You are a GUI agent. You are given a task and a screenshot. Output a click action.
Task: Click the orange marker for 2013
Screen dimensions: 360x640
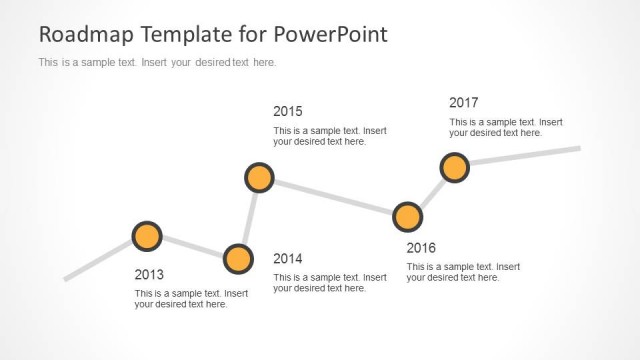tap(147, 236)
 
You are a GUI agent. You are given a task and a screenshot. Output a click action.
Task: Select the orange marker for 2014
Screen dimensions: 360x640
tap(238, 259)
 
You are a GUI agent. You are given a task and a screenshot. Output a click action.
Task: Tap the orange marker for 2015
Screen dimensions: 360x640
tap(259, 178)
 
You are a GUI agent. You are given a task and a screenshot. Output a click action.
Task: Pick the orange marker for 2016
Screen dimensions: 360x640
tap(407, 216)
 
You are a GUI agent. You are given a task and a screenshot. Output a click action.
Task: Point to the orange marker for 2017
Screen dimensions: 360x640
tap(454, 167)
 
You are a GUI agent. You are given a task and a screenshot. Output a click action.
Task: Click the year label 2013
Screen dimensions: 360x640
tap(149, 274)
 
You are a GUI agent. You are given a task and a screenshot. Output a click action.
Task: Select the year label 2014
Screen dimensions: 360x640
tap(287, 258)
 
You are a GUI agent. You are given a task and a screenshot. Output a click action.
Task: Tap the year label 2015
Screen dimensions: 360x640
tap(287, 111)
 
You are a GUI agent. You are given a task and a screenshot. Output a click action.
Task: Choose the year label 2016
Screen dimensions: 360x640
tap(421, 248)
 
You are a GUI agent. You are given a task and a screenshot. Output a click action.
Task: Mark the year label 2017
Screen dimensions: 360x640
tap(463, 102)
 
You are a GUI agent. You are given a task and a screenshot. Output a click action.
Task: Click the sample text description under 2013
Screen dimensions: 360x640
tap(191, 299)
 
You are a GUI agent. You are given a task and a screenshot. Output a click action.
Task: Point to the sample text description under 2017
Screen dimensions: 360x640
tap(505, 127)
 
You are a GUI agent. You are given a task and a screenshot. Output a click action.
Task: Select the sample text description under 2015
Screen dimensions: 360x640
tap(329, 136)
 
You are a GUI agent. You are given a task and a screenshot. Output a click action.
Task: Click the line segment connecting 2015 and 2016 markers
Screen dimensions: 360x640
tap(333, 197)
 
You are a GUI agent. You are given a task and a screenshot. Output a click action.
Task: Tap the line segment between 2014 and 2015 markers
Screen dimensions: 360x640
tap(249, 218)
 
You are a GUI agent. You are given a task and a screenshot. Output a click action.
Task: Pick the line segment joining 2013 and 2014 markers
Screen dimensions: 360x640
tap(193, 247)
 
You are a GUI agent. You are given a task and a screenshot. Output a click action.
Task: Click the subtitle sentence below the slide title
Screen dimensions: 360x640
tap(156, 62)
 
